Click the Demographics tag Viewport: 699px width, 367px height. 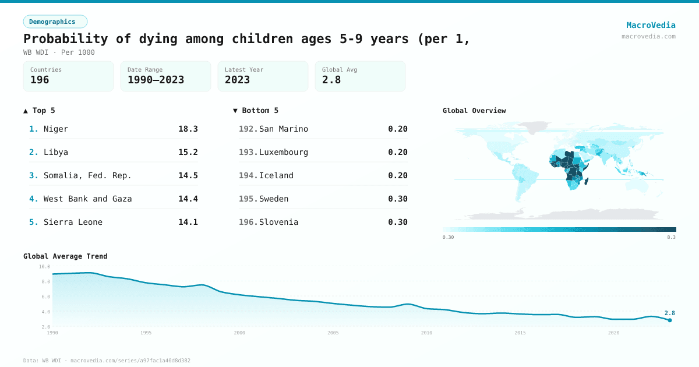[55, 22]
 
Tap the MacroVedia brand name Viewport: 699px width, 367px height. [651, 25]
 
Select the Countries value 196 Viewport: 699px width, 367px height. [40, 80]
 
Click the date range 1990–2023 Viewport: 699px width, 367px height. [156, 80]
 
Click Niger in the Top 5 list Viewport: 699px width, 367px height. [56, 129]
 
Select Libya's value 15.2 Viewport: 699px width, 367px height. [188, 152]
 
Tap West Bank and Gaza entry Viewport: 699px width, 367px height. [87, 199]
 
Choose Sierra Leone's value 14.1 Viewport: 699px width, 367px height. [188, 222]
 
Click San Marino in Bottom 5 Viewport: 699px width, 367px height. [283, 129]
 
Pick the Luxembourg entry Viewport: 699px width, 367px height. [283, 152]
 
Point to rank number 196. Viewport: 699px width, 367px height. [248, 222]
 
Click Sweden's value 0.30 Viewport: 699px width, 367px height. [397, 199]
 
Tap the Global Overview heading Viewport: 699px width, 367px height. [474, 111]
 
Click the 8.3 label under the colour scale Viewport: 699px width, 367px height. [671, 237]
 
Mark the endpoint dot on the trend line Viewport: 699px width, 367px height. [670, 320]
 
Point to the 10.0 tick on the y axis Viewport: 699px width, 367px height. [44, 266]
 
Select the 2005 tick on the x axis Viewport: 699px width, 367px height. [333, 333]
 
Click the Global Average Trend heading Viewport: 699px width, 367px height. [65, 256]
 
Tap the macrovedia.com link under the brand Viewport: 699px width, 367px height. [648, 36]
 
